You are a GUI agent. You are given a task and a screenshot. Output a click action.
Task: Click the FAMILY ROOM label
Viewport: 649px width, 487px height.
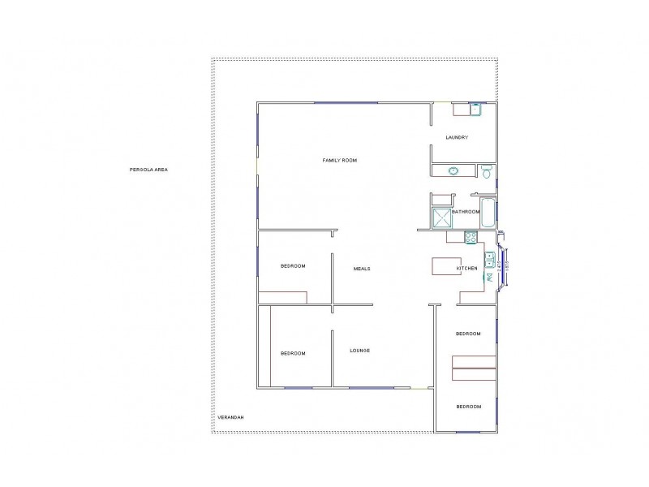click(340, 161)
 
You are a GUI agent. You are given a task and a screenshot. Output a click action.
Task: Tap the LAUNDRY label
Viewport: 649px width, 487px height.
click(457, 137)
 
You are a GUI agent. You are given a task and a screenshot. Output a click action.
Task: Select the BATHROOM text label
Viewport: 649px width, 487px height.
click(466, 212)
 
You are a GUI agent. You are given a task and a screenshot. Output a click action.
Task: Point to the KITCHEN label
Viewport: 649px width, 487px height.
click(467, 269)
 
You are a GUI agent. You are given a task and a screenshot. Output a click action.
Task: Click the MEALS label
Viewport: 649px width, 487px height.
click(362, 269)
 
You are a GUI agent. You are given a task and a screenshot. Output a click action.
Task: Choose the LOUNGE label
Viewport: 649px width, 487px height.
click(360, 351)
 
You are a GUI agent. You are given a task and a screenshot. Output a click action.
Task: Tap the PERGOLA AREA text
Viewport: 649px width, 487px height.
click(148, 170)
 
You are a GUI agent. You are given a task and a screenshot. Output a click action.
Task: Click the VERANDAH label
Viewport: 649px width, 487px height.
click(230, 417)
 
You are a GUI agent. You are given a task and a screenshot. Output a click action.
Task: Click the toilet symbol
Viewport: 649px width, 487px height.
click(487, 171)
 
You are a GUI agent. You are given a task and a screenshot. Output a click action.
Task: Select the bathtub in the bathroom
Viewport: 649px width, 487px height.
click(488, 213)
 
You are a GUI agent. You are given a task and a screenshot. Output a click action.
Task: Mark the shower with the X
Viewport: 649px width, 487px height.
click(442, 218)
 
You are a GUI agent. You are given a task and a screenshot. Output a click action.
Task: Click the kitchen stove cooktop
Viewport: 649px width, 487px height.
click(470, 237)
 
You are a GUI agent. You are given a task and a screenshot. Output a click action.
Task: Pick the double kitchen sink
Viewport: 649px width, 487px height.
click(489, 260)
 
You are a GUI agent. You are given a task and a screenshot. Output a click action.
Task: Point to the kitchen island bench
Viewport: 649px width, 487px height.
click(445, 268)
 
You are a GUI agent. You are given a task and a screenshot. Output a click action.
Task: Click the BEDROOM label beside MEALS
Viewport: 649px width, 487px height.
click(293, 266)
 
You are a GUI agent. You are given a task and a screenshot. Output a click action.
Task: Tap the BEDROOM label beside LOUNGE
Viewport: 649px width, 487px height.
click(293, 353)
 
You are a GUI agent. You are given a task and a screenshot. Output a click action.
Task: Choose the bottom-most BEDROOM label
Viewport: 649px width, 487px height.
click(468, 406)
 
